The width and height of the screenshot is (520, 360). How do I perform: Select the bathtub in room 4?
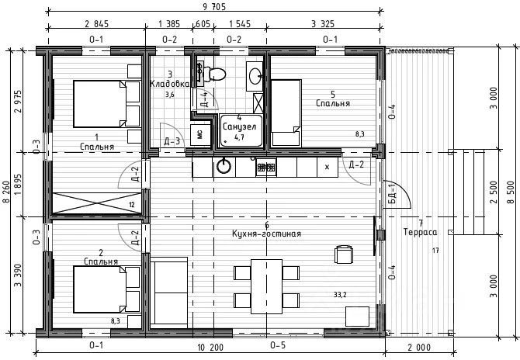(241, 131)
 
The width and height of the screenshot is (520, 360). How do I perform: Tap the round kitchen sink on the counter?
(224, 166)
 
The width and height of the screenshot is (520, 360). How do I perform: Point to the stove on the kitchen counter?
(266, 167)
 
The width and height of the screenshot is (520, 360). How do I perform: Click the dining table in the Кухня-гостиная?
(266, 286)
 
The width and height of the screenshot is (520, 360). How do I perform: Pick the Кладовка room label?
(170, 84)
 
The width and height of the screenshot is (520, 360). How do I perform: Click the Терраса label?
(420, 232)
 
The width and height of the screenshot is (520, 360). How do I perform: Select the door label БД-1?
(392, 194)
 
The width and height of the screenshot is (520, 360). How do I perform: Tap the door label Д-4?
(204, 99)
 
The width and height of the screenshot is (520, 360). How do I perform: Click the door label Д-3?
(172, 141)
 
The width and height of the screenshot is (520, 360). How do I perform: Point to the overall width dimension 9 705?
(214, 7)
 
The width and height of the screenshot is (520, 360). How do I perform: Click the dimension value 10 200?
(210, 348)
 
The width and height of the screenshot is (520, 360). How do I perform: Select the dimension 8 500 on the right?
(511, 192)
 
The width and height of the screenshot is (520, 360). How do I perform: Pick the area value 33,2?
(340, 294)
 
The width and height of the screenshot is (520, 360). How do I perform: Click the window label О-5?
(278, 345)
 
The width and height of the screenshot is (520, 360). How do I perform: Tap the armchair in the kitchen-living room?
(344, 254)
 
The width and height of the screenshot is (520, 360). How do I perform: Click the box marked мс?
(200, 134)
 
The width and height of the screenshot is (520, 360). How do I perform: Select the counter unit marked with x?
(328, 167)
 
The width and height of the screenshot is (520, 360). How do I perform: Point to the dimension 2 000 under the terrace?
(419, 348)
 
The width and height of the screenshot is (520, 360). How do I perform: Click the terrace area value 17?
(435, 251)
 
